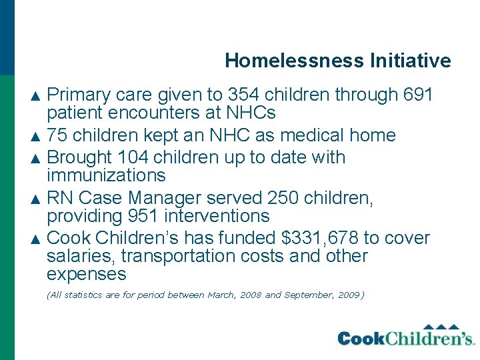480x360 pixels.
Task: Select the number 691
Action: tap(419, 95)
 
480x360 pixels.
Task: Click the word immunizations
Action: tap(106, 175)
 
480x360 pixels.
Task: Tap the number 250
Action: tap(284, 199)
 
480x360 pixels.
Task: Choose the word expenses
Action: tap(87, 275)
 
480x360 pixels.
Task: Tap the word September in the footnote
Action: tap(307, 295)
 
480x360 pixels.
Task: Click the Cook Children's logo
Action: tap(405, 336)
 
